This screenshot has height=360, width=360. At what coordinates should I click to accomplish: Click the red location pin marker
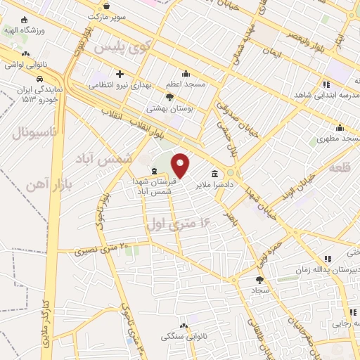(x=181, y=166)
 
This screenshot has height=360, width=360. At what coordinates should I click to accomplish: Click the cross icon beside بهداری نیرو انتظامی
(x=120, y=74)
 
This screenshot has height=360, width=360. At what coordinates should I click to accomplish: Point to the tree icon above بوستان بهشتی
(x=169, y=98)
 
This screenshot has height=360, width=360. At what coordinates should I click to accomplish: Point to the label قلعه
(x=339, y=167)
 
